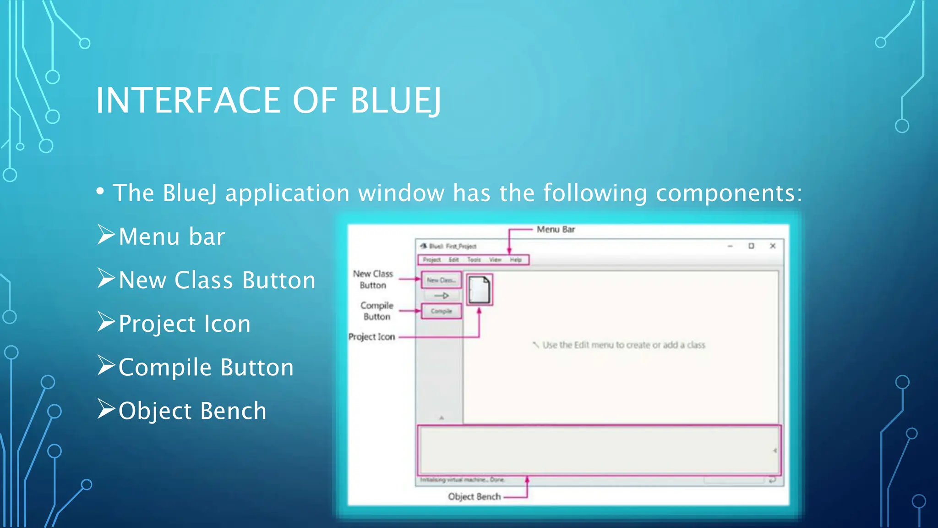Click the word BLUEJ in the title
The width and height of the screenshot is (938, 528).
(396, 100)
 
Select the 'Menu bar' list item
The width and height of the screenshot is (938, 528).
(172, 237)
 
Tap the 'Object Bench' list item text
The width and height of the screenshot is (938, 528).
(192, 411)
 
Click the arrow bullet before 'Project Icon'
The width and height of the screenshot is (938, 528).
(106, 322)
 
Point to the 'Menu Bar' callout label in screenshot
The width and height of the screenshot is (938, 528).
(556, 230)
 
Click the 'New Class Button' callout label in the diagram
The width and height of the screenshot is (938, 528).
(373, 280)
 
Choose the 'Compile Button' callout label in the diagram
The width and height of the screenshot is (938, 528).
(376, 311)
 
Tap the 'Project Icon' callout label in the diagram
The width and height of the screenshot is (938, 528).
(371, 337)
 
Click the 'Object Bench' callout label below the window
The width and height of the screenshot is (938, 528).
(474, 497)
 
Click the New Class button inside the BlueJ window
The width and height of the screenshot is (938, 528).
(441, 280)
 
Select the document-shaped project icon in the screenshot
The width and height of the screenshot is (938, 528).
(479, 290)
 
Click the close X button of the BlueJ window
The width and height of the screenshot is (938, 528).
(773, 246)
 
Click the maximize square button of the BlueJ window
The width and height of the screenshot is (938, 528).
(751, 246)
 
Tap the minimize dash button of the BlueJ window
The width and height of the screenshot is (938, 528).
(730, 246)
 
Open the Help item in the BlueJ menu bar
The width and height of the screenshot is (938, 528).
(516, 260)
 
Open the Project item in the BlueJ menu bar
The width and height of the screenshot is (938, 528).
(431, 260)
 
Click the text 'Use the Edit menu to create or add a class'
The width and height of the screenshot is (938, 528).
(623, 345)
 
